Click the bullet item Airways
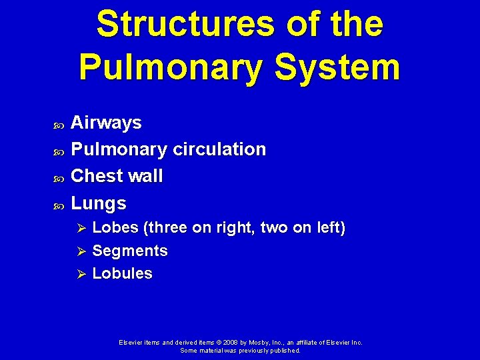[106, 123]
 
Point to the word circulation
[219, 149]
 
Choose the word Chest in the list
[94, 176]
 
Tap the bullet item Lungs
[98, 203]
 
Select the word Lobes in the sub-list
[115, 228]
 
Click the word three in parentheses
[166, 228]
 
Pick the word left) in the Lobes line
[330, 228]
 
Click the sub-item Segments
[130, 251]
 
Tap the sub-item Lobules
[122, 273]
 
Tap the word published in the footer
[285, 350]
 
